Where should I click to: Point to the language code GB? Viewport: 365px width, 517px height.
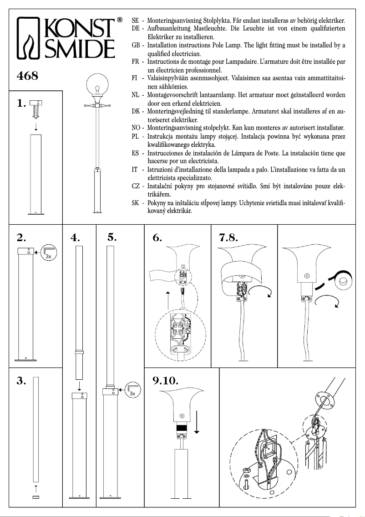[x=136, y=46]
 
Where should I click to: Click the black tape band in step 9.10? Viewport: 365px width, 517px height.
[x=182, y=429]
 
